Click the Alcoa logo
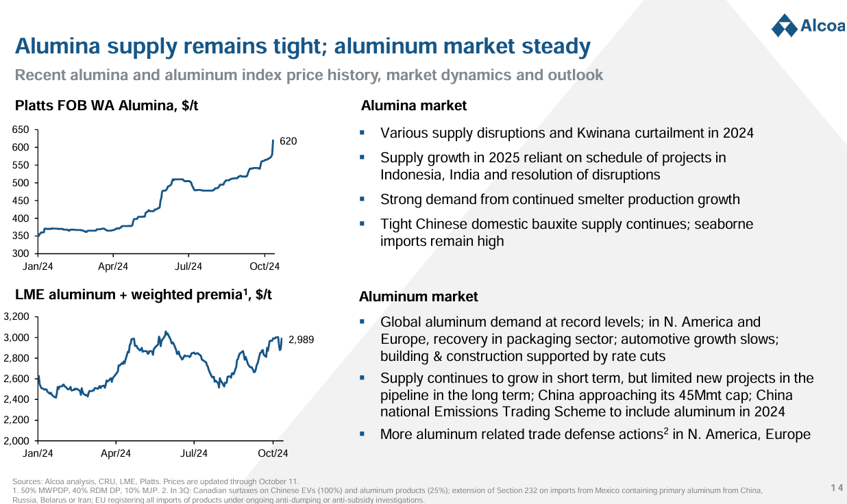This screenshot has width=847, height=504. click(x=807, y=27)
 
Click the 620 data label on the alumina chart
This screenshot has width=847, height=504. click(x=289, y=141)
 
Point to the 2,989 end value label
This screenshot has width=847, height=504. click(x=301, y=340)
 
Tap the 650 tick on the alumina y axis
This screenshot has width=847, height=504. click(x=21, y=129)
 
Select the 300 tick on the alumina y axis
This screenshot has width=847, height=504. click(x=21, y=254)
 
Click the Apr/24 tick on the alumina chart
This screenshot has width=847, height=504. click(x=113, y=266)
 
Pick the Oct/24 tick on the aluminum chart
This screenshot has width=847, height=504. click(x=273, y=453)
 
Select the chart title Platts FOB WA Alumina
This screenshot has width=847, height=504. click(x=106, y=105)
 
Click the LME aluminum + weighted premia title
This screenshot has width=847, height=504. click(x=143, y=294)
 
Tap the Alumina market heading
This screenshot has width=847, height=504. click(x=413, y=105)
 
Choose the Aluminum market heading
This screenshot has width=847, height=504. click(x=418, y=297)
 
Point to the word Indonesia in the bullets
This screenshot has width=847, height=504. click(x=413, y=175)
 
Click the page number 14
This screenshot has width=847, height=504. click(x=836, y=488)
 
